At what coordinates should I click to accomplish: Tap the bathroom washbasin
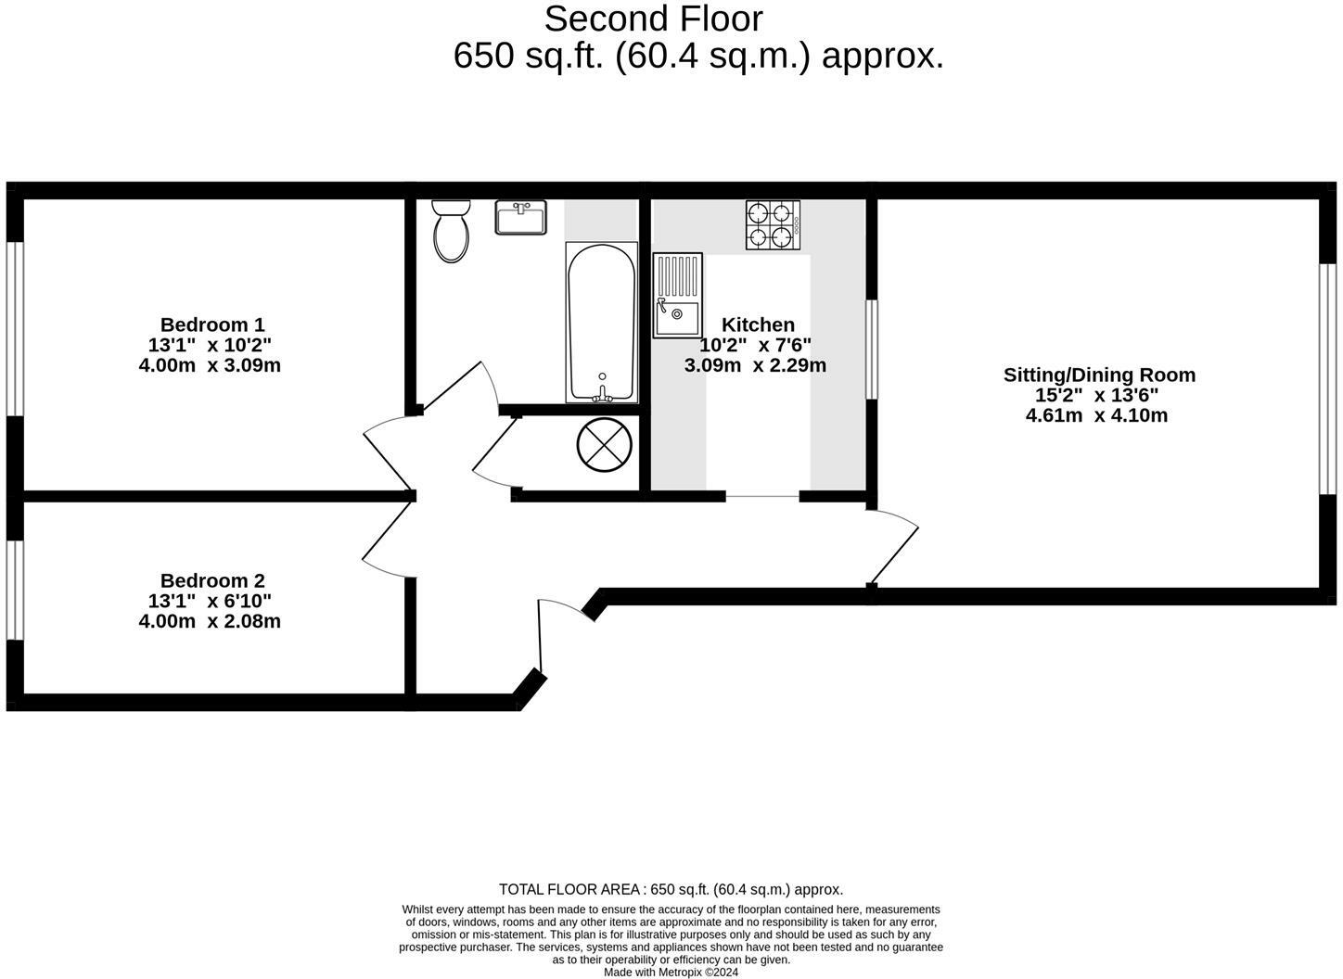click(x=521, y=218)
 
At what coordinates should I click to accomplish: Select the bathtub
click(x=601, y=323)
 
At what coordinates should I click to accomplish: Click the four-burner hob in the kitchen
click(x=773, y=225)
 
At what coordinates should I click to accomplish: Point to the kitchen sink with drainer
click(x=677, y=296)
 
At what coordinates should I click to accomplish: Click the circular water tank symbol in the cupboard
click(x=605, y=445)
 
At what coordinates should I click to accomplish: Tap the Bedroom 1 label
click(x=211, y=324)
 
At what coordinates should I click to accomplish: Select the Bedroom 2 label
click(x=211, y=580)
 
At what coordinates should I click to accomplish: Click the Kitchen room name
click(x=758, y=324)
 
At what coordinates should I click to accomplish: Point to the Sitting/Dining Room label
click(x=1099, y=375)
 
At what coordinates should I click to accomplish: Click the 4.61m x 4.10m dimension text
click(x=1096, y=415)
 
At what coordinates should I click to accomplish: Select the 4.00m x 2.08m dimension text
click(x=210, y=621)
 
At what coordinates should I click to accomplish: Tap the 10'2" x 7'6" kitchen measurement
click(x=755, y=345)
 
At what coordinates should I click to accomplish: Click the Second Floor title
click(x=653, y=19)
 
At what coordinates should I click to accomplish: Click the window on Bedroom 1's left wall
click(x=14, y=328)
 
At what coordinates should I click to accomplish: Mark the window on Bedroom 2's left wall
click(x=14, y=590)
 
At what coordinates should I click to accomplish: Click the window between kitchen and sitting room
click(x=871, y=349)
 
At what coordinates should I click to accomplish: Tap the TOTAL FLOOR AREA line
click(x=671, y=889)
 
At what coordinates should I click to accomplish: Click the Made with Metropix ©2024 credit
click(x=671, y=973)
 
